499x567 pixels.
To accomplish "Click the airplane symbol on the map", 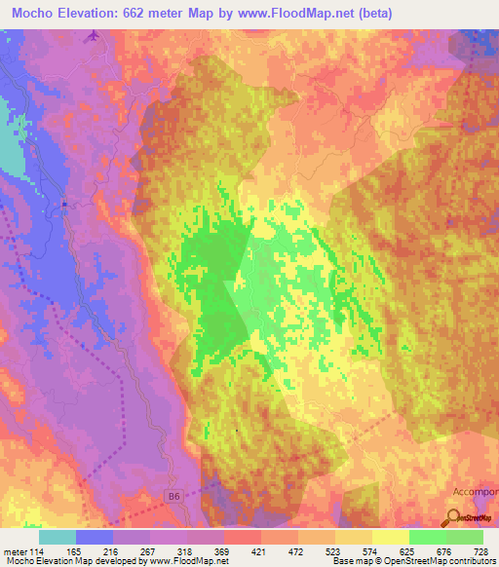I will coord(94,36).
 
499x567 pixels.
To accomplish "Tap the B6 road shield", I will coord(173,496).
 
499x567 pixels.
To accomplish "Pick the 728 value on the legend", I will coord(480,551).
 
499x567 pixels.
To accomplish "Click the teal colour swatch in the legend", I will coord(58,537).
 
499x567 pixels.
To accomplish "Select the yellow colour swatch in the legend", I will coord(390,537).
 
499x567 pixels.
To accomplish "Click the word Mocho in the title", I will coord(28,13).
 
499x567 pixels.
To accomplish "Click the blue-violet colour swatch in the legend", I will coord(95,537).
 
